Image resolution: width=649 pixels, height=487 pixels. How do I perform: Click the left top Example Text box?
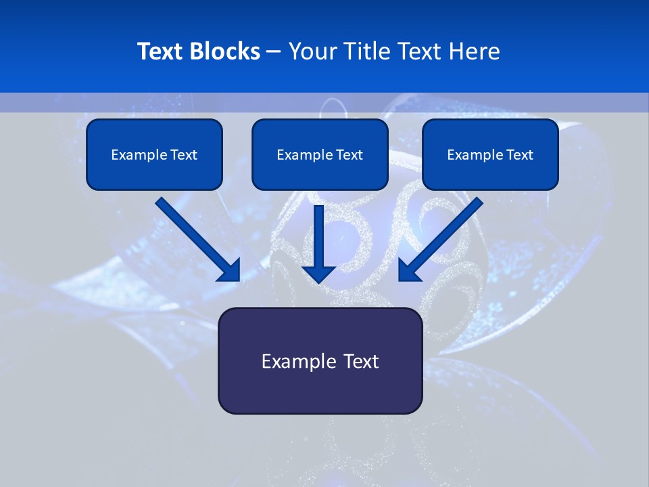(154, 154)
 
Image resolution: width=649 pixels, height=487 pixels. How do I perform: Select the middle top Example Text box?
(320, 154)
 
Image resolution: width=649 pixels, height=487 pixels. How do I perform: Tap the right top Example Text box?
(490, 154)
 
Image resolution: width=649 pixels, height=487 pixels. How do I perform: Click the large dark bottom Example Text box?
(320, 361)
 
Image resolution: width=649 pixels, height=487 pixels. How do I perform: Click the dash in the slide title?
(274, 51)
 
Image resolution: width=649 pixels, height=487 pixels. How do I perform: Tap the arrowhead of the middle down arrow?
(319, 274)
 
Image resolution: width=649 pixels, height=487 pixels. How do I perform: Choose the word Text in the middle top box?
(350, 154)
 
